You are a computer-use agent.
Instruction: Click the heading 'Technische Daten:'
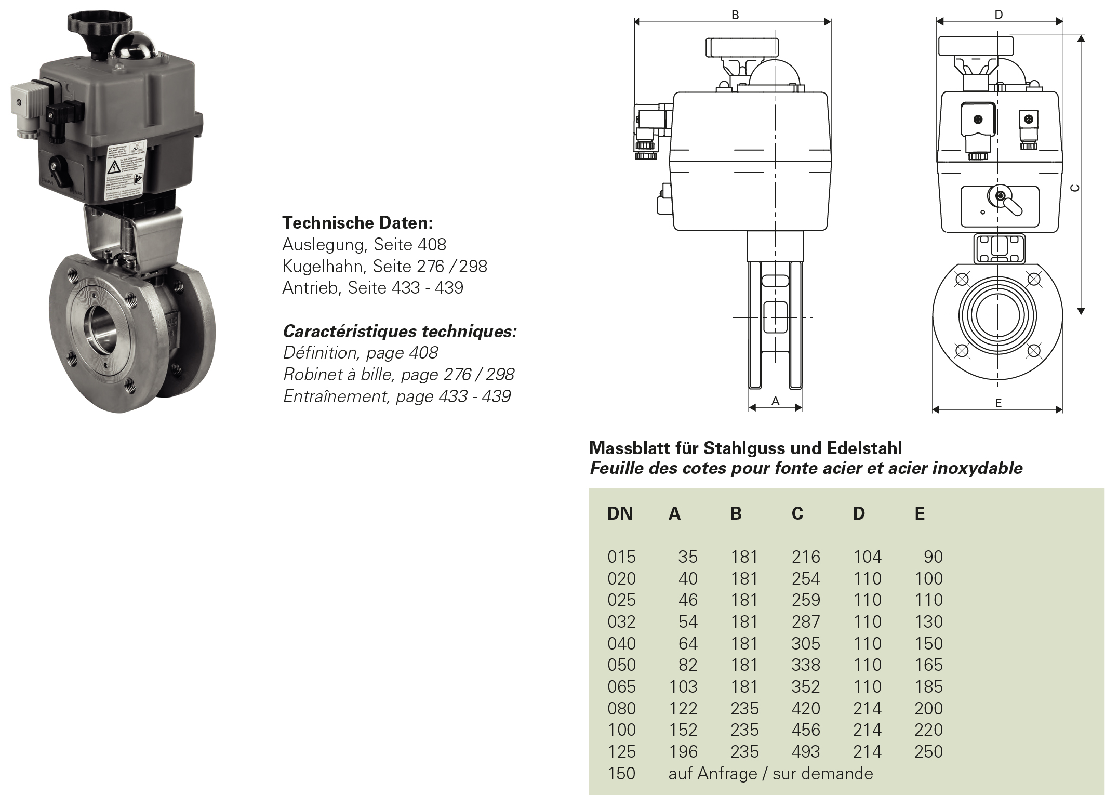pos(357,223)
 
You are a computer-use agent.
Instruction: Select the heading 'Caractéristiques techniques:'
pos(400,331)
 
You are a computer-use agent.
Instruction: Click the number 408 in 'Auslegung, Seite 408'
pos(432,245)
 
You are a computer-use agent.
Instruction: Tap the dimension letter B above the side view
pos(735,15)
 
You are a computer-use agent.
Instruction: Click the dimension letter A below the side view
pos(775,401)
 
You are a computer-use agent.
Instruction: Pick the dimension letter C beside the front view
pos(1075,188)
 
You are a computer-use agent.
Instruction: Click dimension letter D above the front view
pos(999,15)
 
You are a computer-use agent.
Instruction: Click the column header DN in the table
pos(620,513)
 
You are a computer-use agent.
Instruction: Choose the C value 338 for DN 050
pos(806,665)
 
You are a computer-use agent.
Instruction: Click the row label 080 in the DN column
pos(621,709)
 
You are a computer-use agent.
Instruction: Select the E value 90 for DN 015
pos(933,557)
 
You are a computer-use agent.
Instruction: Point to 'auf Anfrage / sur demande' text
pos(770,774)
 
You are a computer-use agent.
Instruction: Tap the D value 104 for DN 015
pos(867,557)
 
